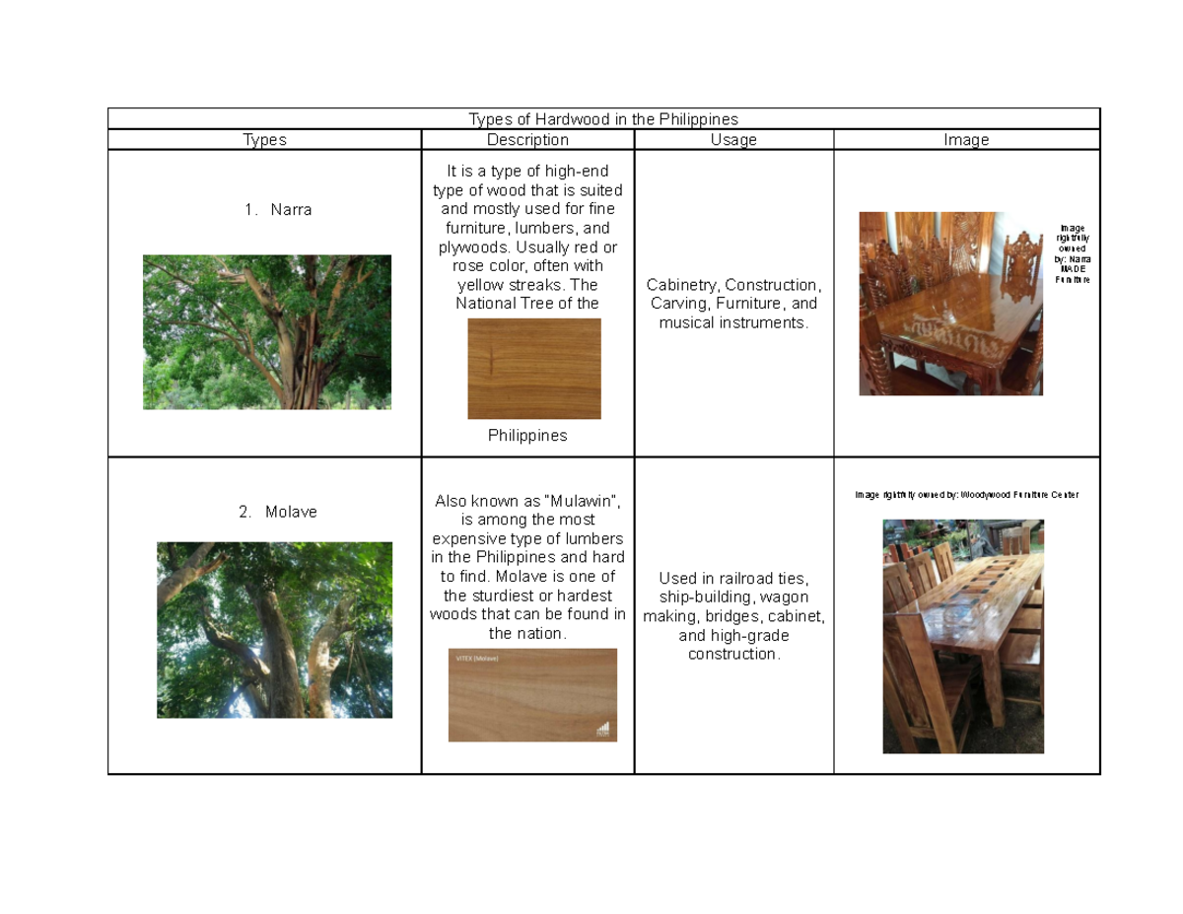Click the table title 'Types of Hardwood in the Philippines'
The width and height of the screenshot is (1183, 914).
coord(602,119)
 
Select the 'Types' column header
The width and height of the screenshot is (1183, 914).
coord(264,140)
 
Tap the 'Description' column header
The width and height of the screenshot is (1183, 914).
coord(527,140)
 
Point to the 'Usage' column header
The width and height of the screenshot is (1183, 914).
coord(733,140)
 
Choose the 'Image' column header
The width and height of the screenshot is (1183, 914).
coord(965,140)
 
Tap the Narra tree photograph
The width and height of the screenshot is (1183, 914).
coord(267,332)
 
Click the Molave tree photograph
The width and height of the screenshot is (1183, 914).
coord(274,630)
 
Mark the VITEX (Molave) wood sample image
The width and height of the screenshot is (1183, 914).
coord(532,694)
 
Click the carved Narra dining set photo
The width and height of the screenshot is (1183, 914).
coord(950,304)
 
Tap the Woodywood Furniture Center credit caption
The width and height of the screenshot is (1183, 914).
coord(966,494)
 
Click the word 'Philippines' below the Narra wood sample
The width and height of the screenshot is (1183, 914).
coord(527,435)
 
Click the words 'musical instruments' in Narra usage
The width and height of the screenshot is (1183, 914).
coord(732,322)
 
